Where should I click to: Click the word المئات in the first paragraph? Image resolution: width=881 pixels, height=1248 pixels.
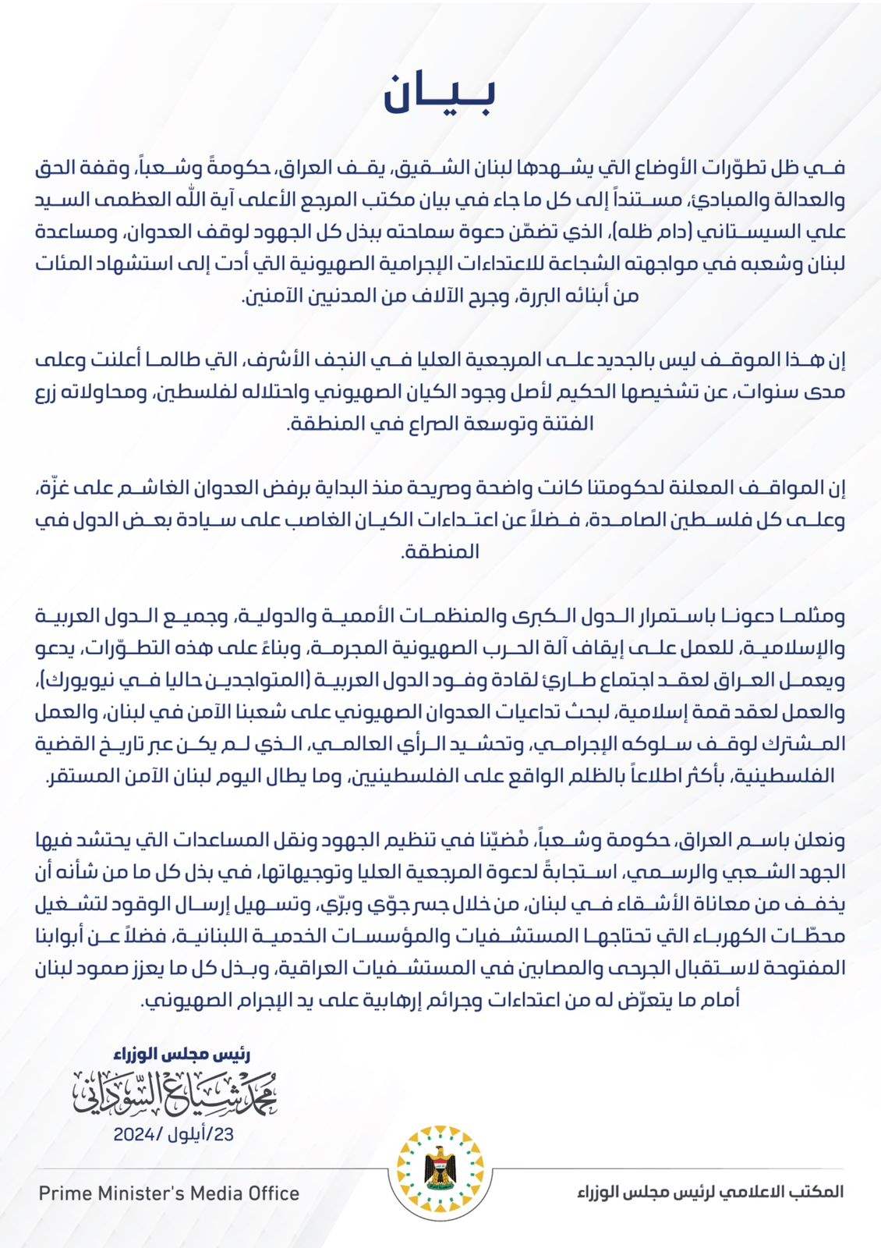[60, 264]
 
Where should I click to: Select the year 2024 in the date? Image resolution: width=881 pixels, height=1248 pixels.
[136, 1135]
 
